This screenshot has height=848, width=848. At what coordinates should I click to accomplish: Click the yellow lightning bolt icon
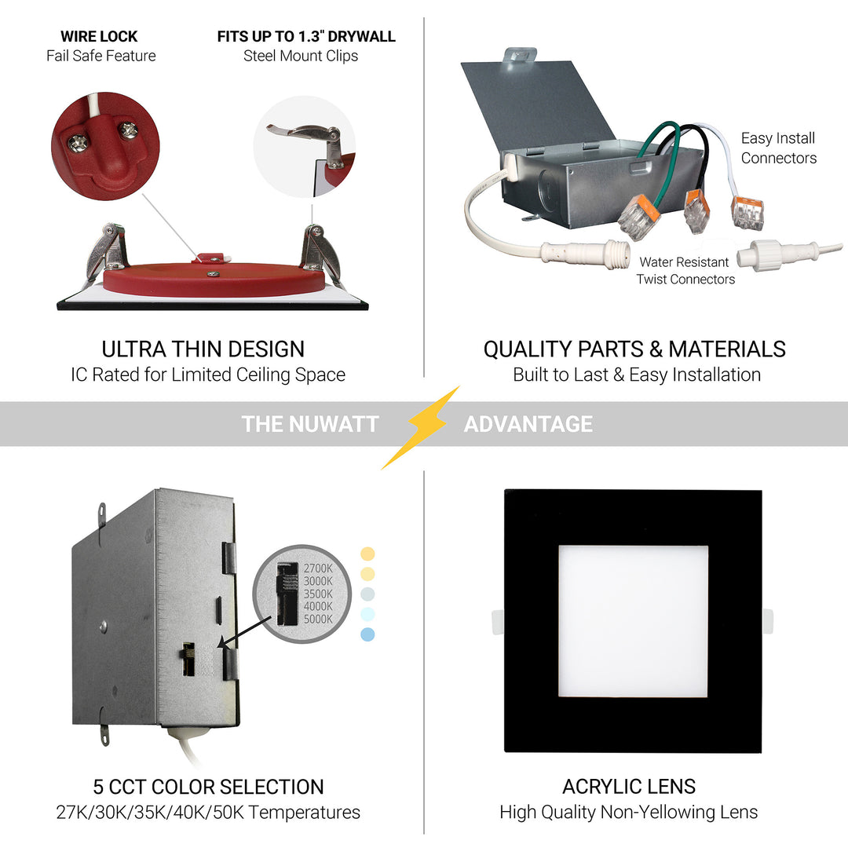pos(422,426)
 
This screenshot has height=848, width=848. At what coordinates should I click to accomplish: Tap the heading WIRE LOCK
pos(99,36)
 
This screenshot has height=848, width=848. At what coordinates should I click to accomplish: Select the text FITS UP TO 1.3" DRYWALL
pos(306,36)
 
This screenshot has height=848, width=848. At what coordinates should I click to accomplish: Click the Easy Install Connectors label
pos(778,148)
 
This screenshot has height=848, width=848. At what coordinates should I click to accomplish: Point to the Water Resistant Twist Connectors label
pos(685,270)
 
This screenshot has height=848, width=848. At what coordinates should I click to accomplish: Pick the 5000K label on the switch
pos(316,619)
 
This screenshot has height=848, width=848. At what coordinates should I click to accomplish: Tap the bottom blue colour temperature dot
pos(367,634)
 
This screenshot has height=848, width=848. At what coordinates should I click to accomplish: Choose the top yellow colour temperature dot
pos(367,554)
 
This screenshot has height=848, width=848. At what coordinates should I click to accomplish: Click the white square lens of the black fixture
pos(633,620)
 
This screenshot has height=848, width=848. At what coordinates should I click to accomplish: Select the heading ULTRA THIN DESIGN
pos(203,349)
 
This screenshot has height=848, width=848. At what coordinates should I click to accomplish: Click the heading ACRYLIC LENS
pos(629,786)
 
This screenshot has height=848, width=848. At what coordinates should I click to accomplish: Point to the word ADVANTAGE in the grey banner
pos(528,424)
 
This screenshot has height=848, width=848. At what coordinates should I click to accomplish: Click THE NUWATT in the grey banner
pos(310,424)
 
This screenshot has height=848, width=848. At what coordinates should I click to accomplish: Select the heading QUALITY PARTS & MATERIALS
pos(634,349)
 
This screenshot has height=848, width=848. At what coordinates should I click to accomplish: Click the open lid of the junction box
pos(534,102)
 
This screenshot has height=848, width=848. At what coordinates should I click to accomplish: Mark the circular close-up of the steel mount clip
pos(305,147)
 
